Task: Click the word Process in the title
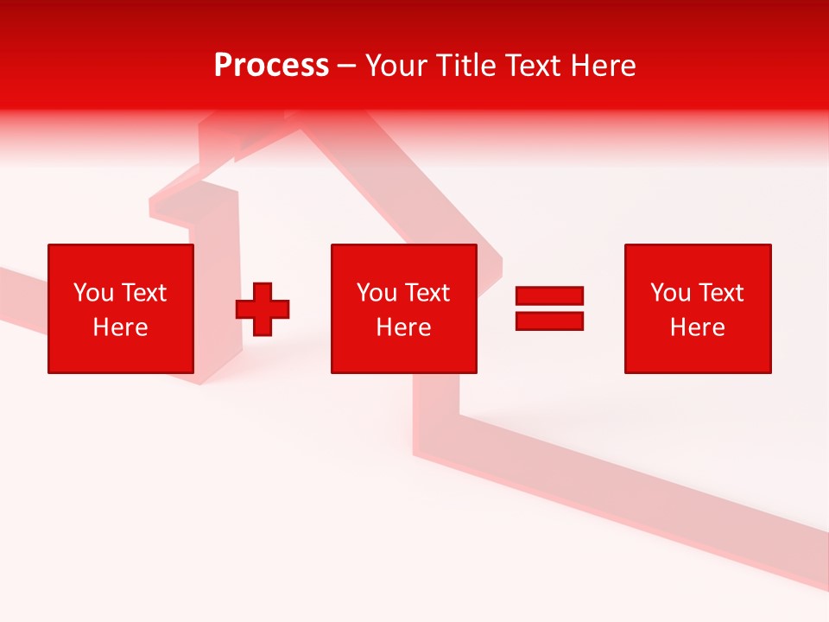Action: click(x=271, y=66)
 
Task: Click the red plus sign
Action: click(x=263, y=309)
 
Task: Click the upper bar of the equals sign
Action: click(x=549, y=296)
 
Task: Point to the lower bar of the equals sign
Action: click(x=549, y=321)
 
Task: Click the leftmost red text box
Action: click(x=121, y=308)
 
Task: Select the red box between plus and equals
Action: click(x=404, y=308)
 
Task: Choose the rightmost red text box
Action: click(x=698, y=308)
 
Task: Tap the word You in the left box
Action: click(x=93, y=293)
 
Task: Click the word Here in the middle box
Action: click(x=404, y=327)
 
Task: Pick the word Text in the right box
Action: click(x=720, y=293)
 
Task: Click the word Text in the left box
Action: click(x=143, y=293)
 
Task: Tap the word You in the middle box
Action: click(x=377, y=293)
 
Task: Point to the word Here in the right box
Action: click(x=698, y=327)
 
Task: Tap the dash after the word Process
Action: click(x=347, y=67)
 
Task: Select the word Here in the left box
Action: click(x=121, y=327)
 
